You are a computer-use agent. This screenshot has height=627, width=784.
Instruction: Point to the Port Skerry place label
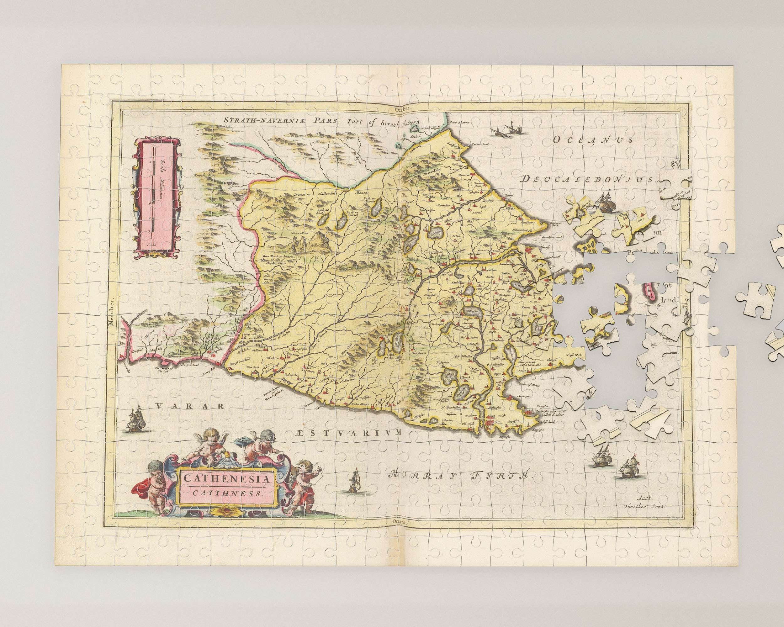[x=458, y=123]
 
